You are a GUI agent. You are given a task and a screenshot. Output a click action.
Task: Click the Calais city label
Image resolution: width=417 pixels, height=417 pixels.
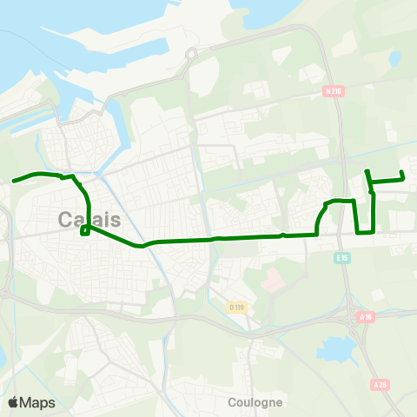[89, 220]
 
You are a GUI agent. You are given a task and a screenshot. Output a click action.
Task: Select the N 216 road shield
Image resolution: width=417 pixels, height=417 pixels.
[332, 90]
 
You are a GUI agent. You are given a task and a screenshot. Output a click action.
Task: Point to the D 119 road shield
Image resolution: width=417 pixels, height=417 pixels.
[236, 307]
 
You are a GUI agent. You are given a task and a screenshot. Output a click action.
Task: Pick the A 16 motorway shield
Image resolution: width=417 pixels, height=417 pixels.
[366, 318]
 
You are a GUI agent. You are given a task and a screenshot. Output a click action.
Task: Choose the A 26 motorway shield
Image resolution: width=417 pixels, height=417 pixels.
[379, 384]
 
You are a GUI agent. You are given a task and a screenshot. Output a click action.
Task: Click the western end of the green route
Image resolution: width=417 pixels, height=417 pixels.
[14, 182]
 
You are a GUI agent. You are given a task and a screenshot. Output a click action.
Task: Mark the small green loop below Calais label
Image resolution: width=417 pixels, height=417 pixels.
[84, 231]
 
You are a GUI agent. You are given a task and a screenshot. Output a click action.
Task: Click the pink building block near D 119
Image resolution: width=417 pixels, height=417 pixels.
[272, 281]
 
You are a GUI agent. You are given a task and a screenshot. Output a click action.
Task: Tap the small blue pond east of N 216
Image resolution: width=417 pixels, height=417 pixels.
[395, 58]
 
